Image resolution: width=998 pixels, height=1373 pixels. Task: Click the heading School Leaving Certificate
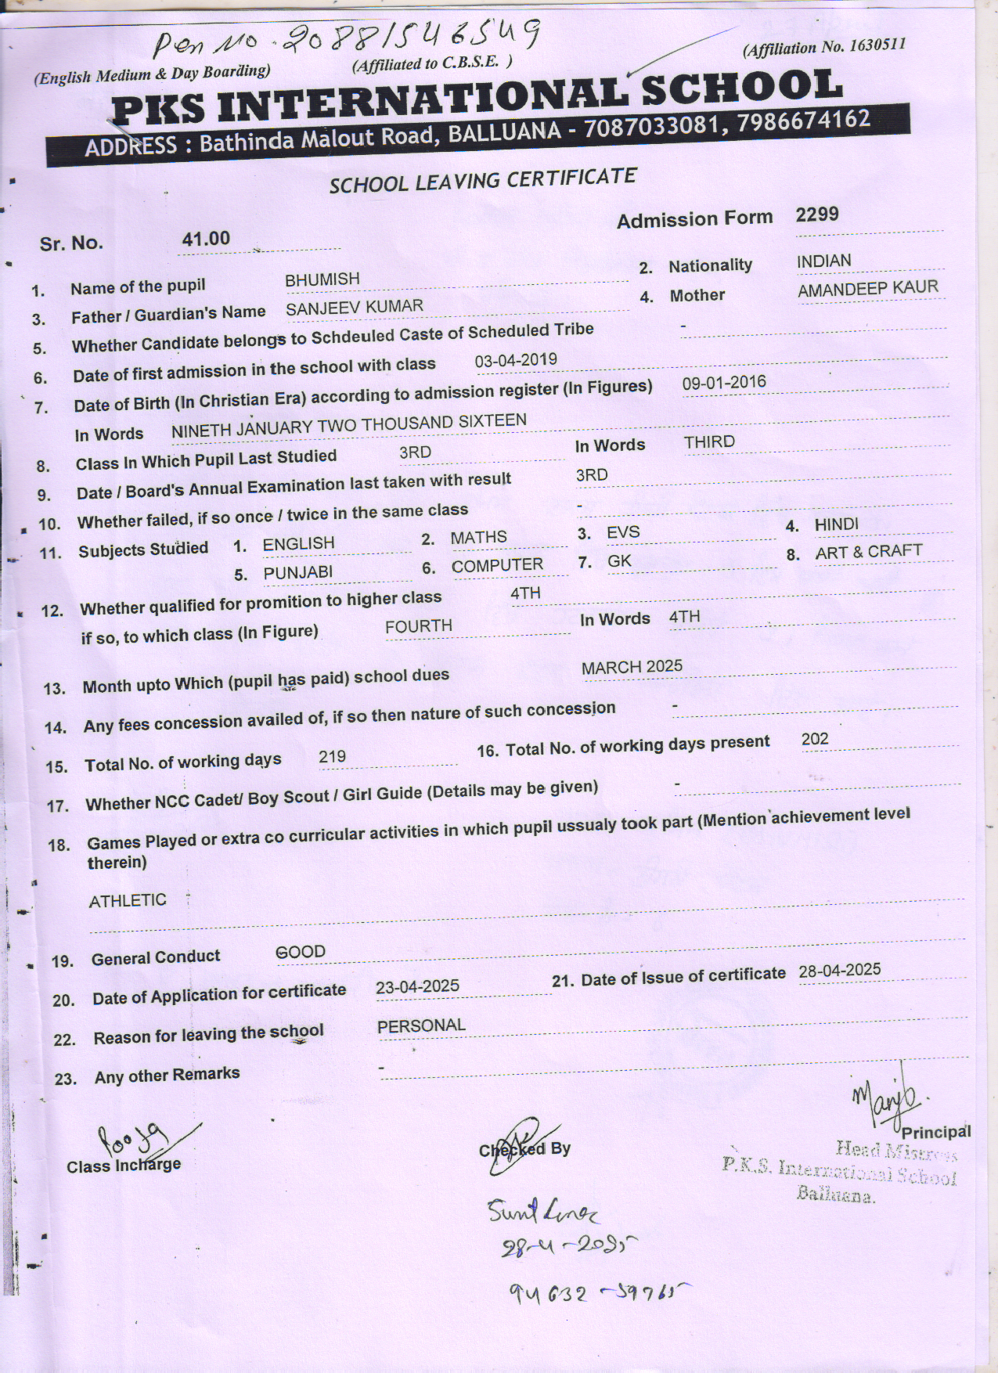click(x=482, y=181)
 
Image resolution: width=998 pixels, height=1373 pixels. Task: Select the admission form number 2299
click(x=816, y=214)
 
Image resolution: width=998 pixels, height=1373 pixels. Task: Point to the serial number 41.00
click(x=206, y=239)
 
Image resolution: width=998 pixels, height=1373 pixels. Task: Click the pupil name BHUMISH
click(x=322, y=279)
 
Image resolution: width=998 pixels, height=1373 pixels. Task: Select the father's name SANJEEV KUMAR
click(x=354, y=307)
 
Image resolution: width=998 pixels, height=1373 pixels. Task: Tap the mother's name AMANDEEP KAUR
click(x=867, y=289)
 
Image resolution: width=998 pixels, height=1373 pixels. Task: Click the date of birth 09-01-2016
click(x=724, y=383)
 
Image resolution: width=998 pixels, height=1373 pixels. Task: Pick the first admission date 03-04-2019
click(x=516, y=360)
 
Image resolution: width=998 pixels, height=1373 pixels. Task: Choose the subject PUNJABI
click(x=297, y=573)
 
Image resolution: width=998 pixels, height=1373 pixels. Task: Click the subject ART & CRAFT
click(x=868, y=552)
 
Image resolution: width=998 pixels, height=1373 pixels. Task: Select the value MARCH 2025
click(x=632, y=667)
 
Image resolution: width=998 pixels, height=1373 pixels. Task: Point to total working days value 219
click(x=332, y=757)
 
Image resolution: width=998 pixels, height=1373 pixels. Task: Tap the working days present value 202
click(x=814, y=739)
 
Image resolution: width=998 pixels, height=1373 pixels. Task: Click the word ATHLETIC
click(x=128, y=900)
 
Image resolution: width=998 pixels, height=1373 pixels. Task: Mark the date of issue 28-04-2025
click(x=839, y=971)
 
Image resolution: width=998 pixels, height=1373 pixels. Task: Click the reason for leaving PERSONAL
click(x=421, y=1025)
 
